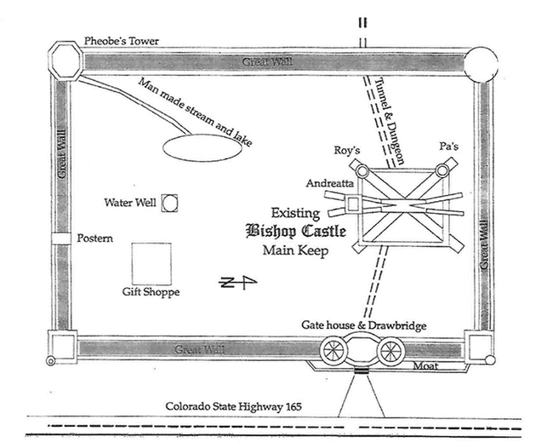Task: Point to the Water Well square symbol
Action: tap(170, 202)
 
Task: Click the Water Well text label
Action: tap(130, 203)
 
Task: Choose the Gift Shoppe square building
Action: tap(151, 262)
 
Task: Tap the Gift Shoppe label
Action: tap(151, 292)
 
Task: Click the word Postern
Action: tap(95, 238)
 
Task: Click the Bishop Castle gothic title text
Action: tap(288, 231)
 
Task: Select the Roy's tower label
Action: tap(347, 151)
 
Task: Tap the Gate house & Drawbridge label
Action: tap(365, 326)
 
